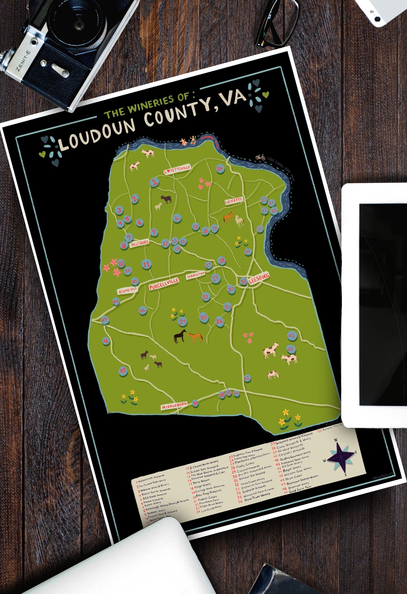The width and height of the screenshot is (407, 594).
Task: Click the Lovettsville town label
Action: pos(177,170)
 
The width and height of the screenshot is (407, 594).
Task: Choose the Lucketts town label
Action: pos(234,201)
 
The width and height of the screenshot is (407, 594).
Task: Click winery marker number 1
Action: pos(154,183)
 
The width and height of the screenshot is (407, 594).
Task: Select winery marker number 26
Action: pos(220,168)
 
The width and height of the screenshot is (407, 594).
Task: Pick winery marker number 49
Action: pos(123,370)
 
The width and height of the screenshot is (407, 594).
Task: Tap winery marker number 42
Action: pos(292,336)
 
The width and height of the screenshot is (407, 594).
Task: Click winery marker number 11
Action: pos(147,264)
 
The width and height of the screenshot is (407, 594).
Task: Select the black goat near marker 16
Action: pos(167,199)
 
